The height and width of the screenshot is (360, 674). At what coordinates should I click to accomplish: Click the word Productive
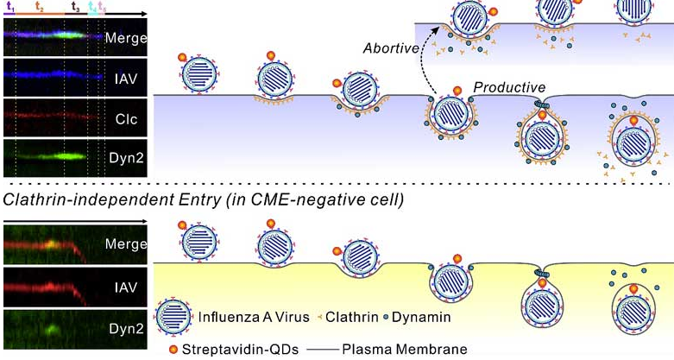tap(509, 88)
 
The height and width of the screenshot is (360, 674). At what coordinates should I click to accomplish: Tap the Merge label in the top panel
tap(126, 38)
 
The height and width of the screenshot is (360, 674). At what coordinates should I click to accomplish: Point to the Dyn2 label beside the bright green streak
tap(126, 159)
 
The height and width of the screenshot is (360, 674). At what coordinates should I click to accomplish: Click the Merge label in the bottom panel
tap(126, 244)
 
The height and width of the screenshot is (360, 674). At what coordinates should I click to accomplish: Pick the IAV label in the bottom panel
tap(126, 287)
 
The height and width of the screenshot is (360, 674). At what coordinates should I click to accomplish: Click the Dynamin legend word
tap(420, 317)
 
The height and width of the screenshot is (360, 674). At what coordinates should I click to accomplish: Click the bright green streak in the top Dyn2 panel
tap(69, 158)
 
